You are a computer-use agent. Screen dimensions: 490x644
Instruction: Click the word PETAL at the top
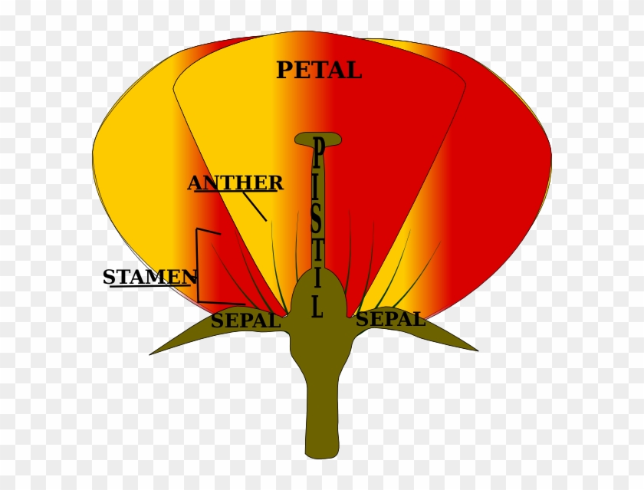pyautogui.click(x=318, y=70)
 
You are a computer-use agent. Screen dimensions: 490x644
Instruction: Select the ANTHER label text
pyautogui.click(x=235, y=183)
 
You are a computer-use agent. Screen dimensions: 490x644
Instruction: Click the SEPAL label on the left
pyautogui.click(x=245, y=321)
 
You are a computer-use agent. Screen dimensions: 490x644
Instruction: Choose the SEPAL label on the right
pyautogui.click(x=390, y=319)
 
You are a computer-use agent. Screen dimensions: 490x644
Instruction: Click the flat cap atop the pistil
pyautogui.click(x=318, y=139)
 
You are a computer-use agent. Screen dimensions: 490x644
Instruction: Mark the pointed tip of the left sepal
pyautogui.click(x=152, y=354)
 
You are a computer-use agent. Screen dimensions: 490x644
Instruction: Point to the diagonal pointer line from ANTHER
pyautogui.click(x=255, y=206)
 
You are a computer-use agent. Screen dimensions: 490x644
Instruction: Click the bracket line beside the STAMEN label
pyautogui.click(x=198, y=265)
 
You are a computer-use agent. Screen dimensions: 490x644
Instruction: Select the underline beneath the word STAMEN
pyautogui.click(x=149, y=286)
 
